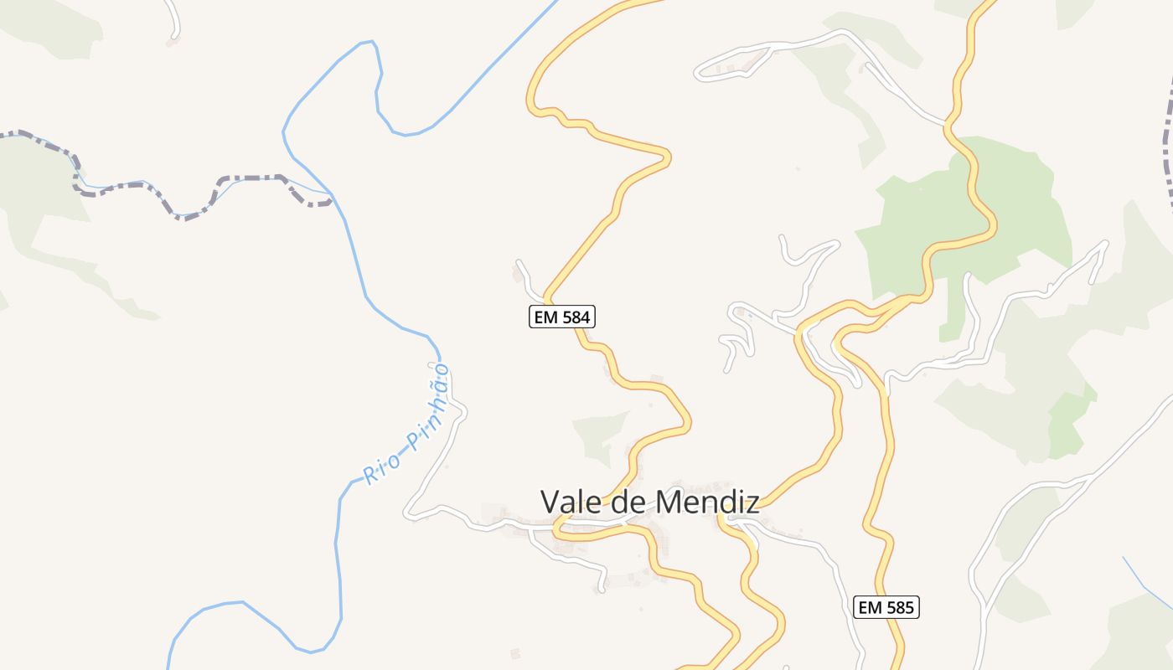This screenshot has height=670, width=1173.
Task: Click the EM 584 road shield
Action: point(562,317)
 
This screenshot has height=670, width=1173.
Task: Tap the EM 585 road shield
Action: point(886,607)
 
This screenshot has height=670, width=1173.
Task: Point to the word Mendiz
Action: point(707,502)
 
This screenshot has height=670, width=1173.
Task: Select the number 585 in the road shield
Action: point(899,607)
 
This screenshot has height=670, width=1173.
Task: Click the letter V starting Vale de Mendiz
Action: point(550,502)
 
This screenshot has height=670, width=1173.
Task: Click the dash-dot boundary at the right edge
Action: point(1168,151)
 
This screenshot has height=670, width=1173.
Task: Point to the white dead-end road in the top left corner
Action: point(174,21)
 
